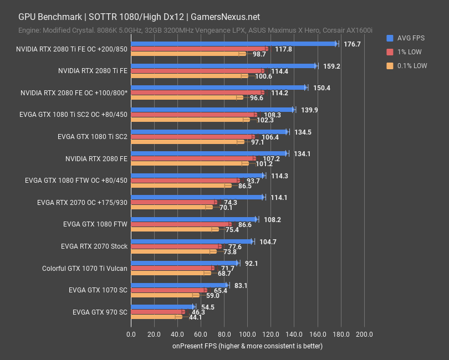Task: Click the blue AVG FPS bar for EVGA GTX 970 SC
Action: point(162,307)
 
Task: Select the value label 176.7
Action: point(352,44)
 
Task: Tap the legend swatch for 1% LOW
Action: point(390,52)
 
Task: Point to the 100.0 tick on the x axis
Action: point(247,334)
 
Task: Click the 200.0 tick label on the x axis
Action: point(364,334)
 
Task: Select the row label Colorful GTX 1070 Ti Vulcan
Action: point(85,269)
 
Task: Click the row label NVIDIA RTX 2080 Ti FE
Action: point(93,71)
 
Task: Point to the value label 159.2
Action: point(331,66)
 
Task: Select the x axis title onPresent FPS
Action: point(247,346)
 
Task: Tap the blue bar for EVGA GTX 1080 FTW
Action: point(193,219)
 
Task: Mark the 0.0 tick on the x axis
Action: point(131,334)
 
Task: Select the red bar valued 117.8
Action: point(198,49)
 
